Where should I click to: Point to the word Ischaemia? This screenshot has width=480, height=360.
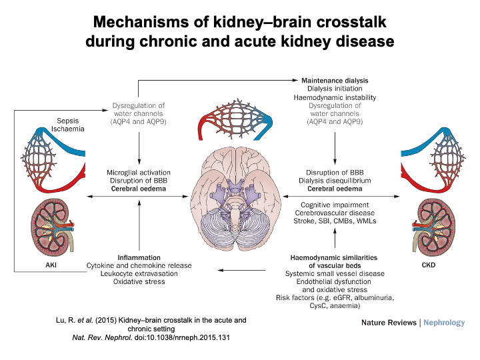point(69,129)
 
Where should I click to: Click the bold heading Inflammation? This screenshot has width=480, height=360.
point(139,257)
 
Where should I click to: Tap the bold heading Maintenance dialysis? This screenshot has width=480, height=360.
point(334,80)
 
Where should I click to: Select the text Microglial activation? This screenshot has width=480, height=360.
point(139,172)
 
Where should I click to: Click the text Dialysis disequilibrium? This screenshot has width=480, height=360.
point(335,180)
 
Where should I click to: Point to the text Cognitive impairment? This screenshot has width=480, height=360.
point(335,205)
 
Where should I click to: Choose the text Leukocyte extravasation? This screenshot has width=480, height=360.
point(139,274)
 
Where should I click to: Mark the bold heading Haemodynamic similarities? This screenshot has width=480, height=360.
point(335,257)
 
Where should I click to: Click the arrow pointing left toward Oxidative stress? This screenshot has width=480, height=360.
point(240,270)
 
